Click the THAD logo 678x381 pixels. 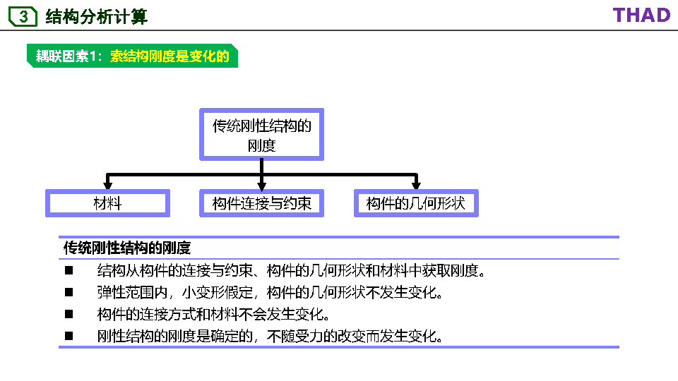pyautogui.click(x=641, y=15)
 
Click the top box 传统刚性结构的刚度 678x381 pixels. pyautogui.click(x=262, y=135)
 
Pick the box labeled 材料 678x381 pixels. pyautogui.click(x=107, y=203)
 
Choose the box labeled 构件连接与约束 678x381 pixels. pyautogui.click(x=262, y=203)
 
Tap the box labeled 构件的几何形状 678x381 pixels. pyautogui.click(x=416, y=203)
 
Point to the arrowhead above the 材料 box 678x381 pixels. pyautogui.click(x=107, y=183)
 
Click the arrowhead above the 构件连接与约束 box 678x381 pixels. pyautogui.click(x=262, y=183)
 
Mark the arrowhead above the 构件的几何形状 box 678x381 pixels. pyautogui.click(x=416, y=183)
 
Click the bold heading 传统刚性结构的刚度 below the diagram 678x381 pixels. pyautogui.click(x=127, y=248)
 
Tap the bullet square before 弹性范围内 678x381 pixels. pyautogui.click(x=69, y=292)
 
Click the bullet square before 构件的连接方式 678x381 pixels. pyautogui.click(x=69, y=314)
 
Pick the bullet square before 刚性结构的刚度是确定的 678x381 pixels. pyautogui.click(x=69, y=336)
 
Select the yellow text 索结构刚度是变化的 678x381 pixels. pyautogui.click(x=170, y=56)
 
